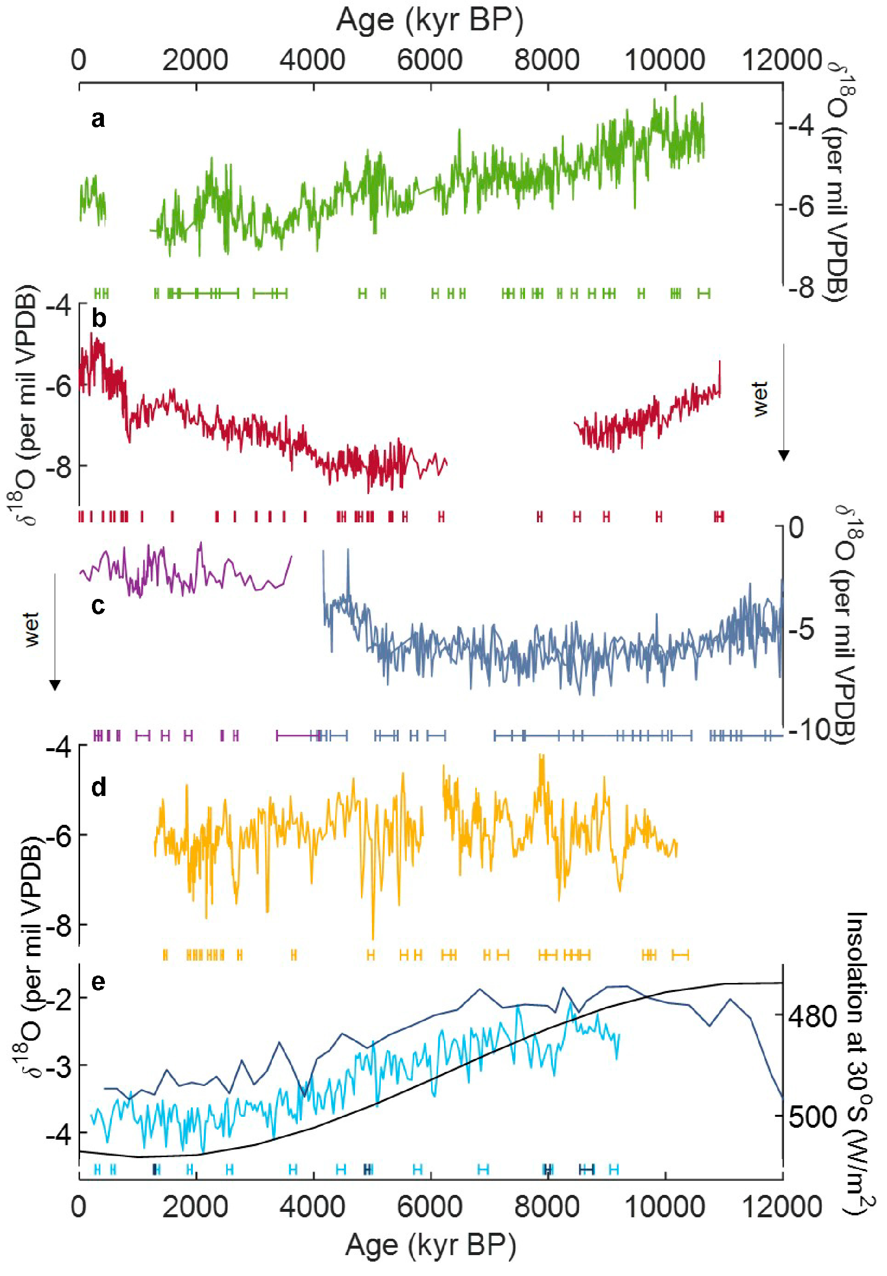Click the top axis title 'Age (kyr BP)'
pos(430,20)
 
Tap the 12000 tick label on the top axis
pos(782,60)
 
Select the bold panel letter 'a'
pos(98,119)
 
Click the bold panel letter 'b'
pos(98,318)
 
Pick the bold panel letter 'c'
pos(98,605)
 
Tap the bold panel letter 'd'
pos(98,787)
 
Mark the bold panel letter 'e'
pos(98,982)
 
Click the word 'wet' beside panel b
pos(760,398)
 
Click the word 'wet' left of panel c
pos(32,630)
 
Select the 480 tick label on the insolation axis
pos(812,1017)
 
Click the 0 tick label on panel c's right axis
pos(796,527)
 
